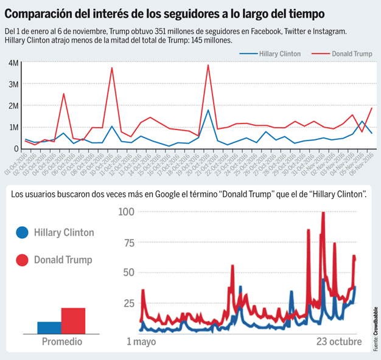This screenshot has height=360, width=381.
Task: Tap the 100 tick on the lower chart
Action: [125, 212]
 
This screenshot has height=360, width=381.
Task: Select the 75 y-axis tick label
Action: [127, 241]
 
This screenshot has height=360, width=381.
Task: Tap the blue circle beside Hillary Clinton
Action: [22, 233]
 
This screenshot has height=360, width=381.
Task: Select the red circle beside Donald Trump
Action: [22, 260]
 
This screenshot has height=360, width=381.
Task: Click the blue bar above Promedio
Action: [49, 327]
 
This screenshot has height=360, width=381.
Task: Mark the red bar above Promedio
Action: [73, 320]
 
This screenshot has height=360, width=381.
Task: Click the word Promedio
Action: [61, 342]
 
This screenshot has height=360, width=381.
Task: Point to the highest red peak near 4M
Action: [208, 65]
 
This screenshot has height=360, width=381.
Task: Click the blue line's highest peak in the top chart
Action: [208, 110]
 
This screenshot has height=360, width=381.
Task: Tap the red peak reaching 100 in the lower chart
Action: [323, 213]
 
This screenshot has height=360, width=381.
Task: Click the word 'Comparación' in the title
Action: [44, 13]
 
